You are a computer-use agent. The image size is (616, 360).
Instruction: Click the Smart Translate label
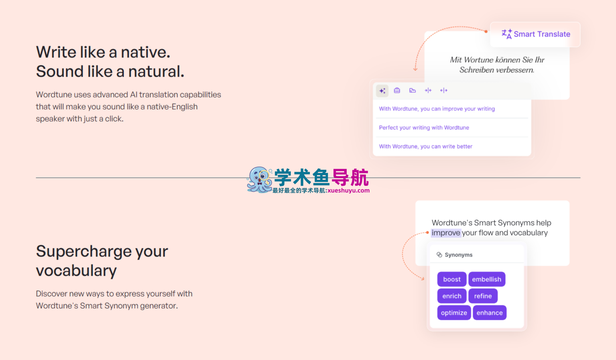coord(542,34)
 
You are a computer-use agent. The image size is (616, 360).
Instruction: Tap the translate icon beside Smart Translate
coord(507,34)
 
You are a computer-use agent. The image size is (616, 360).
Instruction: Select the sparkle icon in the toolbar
coord(382,91)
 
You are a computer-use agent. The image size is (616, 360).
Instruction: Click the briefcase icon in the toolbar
coord(397,90)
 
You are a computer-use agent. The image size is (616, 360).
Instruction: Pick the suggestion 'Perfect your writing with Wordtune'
coord(424,128)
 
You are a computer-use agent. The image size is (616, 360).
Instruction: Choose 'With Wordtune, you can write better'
coord(425,146)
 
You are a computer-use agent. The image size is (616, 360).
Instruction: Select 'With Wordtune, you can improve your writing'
coord(437,109)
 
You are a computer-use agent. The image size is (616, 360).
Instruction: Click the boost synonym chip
coord(451,279)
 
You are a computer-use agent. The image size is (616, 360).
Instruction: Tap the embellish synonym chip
coord(487,279)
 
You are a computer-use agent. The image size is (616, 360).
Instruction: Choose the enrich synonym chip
coord(452,296)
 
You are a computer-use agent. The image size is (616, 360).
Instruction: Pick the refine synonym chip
coord(483,296)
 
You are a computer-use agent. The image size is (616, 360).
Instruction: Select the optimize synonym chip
coord(454,313)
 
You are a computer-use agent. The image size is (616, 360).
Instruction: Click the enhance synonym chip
coord(490,313)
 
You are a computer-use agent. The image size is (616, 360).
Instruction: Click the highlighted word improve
coord(446,233)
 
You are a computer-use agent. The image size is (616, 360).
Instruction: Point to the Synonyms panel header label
coord(458,255)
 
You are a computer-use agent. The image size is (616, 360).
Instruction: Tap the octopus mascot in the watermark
coord(259,179)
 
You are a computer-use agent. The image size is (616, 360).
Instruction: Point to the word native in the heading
coord(146,52)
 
